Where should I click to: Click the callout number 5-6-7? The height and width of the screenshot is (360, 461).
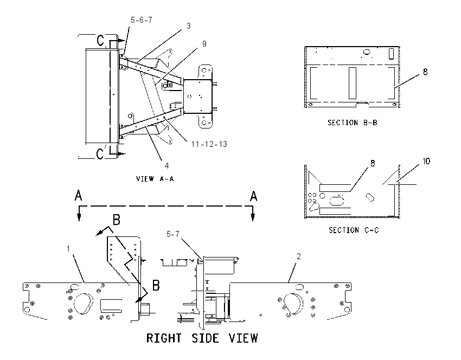[142, 20]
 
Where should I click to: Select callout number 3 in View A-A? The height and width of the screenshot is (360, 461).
[188, 26]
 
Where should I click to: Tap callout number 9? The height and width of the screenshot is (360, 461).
[204, 44]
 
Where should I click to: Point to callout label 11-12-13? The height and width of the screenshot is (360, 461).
[209, 144]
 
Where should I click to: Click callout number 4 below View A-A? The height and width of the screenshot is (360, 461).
[167, 166]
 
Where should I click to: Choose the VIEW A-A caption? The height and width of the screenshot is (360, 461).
[155, 179]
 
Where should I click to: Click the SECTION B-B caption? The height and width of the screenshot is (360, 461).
[352, 123]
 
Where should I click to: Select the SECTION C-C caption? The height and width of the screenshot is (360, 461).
[354, 230]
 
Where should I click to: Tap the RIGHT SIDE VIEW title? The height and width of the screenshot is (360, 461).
[202, 338]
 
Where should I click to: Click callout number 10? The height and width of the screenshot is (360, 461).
[426, 161]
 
